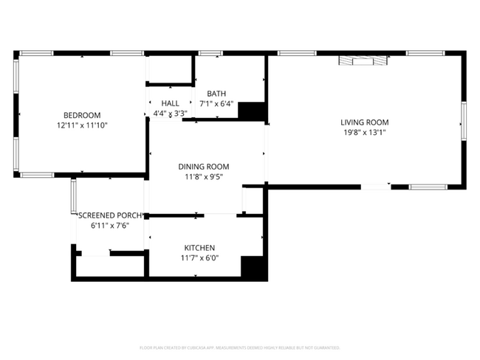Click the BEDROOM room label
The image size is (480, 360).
[x=81, y=115]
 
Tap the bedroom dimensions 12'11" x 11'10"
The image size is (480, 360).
[x=81, y=125]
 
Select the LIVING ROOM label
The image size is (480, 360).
[x=364, y=122]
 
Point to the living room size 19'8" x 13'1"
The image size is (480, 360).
[x=364, y=133]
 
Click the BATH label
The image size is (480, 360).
[x=216, y=94]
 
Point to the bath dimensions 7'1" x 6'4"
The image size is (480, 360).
[x=216, y=104]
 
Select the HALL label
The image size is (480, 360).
[x=170, y=104]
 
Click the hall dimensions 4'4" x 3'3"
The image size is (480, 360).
[x=170, y=114]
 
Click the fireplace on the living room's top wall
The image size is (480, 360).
[x=361, y=62]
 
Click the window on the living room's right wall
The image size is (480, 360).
[x=463, y=121]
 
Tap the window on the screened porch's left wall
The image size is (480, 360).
[x=73, y=196]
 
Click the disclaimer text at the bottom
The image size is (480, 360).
[x=239, y=347]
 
